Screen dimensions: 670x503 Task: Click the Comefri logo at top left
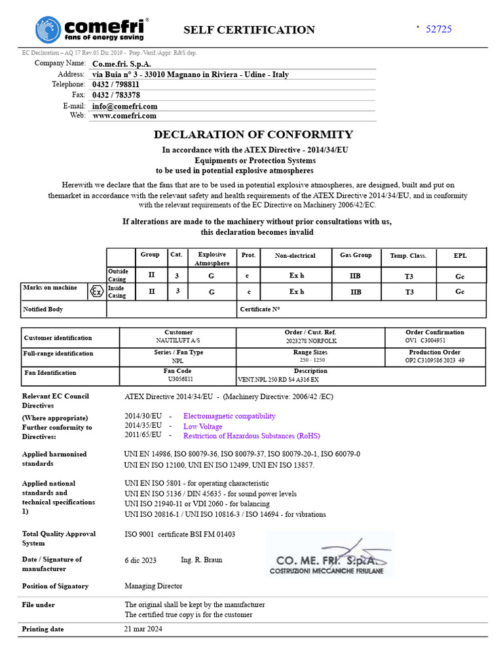point(92,29)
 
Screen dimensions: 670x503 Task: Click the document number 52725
point(439,29)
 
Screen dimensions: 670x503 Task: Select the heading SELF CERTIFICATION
point(249,30)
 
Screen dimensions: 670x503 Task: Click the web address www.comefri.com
point(124,116)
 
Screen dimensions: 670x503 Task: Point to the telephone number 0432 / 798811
point(116,84)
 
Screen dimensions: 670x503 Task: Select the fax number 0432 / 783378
point(116,95)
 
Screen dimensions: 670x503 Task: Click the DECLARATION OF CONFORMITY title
point(253,135)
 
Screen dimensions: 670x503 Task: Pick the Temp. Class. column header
point(408,256)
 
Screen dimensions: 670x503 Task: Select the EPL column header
point(460,255)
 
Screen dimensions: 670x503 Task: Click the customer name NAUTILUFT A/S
point(178,341)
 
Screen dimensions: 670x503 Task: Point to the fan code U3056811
point(178,379)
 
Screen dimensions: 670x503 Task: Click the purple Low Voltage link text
point(203,427)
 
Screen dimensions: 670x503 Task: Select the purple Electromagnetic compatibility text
point(229,416)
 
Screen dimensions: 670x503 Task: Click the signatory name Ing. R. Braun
point(201,560)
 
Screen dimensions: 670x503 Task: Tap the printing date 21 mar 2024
point(143,629)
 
